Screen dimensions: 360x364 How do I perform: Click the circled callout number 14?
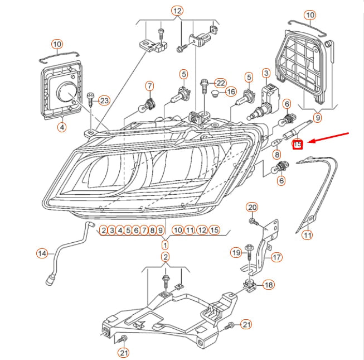pos(42,253)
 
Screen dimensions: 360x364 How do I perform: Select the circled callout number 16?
pos(231,92)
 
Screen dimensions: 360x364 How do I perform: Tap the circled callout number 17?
pos(276,257)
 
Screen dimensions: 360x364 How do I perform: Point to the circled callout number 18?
pos(269,285)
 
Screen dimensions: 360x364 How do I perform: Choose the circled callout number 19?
pos(236,253)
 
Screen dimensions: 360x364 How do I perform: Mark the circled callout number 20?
pos(252,208)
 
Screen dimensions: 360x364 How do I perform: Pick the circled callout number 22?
pos(220,83)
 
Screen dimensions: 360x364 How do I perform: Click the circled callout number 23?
pos(104,100)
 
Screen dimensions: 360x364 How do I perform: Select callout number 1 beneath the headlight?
pos(165,244)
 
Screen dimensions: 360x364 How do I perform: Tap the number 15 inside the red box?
pos(298,145)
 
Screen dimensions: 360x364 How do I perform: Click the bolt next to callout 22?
pos(205,85)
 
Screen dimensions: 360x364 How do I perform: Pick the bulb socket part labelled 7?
pos(149,103)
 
